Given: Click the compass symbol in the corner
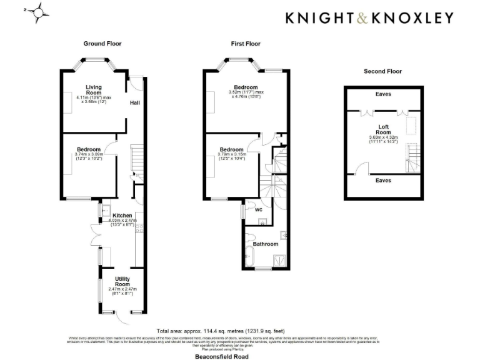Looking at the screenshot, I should [38, 12].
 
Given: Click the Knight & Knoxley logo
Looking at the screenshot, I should [369, 18].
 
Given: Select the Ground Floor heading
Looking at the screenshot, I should [102, 44].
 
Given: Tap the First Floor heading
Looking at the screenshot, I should [246, 44].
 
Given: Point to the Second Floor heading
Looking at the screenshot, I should [383, 71].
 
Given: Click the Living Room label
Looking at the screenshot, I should [94, 90].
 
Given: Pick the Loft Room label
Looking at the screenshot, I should [384, 129].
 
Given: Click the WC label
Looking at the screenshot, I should [258, 210].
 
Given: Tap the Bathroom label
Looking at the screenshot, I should [266, 244].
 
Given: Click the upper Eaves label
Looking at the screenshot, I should [384, 94].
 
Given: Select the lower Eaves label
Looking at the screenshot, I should [384, 180].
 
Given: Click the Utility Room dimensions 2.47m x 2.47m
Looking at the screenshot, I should [122, 289].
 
